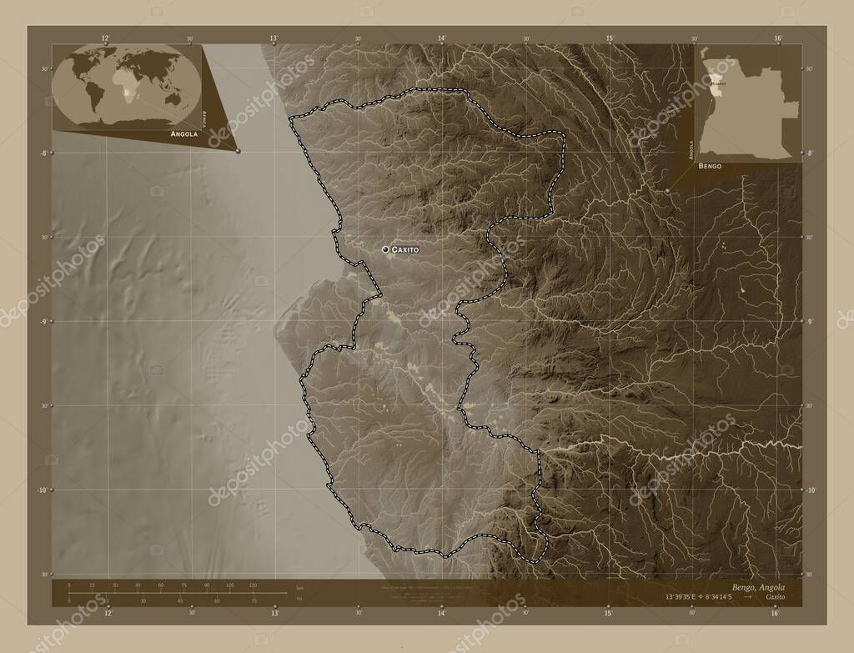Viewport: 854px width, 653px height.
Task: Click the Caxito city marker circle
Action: pyautogui.click(x=385, y=249)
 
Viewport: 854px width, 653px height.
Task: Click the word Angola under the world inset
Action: pyautogui.click(x=183, y=133)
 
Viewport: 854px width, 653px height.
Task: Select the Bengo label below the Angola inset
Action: pyautogui.click(x=711, y=167)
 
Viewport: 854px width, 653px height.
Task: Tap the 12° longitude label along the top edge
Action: pyautogui.click(x=106, y=38)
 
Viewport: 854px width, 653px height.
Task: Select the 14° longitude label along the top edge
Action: pyautogui.click(x=441, y=38)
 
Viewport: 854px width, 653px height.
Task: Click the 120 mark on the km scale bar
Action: pyautogui.click(x=253, y=585)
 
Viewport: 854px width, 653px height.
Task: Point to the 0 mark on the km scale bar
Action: pyautogui.click(x=69, y=585)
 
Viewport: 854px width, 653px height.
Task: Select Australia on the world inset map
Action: pyautogui.click(x=173, y=98)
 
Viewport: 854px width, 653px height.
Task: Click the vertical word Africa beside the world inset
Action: pyautogui.click(x=205, y=116)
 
